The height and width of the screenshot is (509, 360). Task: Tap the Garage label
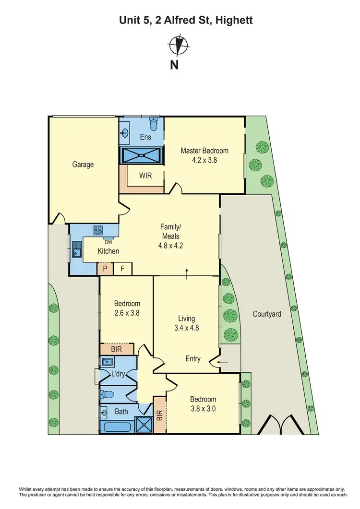[83, 165]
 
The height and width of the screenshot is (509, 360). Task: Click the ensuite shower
[142, 155]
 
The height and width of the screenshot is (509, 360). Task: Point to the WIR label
[145, 176]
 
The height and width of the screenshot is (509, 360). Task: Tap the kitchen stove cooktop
[98, 230]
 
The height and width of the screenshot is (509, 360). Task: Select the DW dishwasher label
[108, 242]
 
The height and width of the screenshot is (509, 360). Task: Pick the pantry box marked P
[105, 269]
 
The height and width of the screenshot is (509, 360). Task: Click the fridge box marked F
[122, 269]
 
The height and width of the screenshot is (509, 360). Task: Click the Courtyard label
[267, 314]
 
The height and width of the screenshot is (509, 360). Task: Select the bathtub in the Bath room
[118, 426]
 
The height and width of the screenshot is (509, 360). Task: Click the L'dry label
[118, 375]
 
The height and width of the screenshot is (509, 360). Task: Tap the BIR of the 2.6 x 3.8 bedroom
[117, 349]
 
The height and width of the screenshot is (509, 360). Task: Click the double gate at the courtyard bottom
[277, 425]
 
